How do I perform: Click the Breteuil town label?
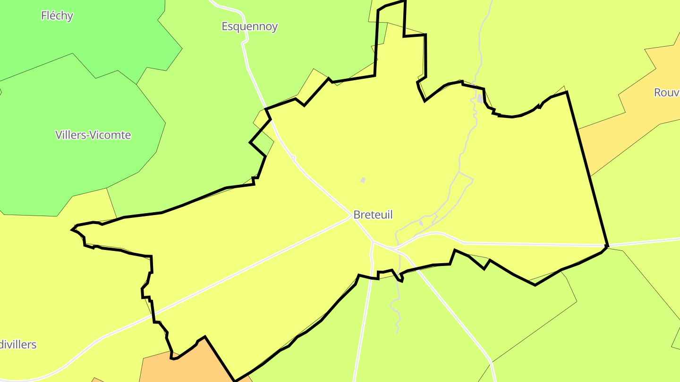(x=373, y=215)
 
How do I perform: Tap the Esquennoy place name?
(x=249, y=26)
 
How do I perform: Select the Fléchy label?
(x=57, y=16)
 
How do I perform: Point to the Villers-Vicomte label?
(x=93, y=135)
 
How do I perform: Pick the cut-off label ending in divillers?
(x=18, y=345)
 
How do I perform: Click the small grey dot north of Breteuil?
(x=363, y=180)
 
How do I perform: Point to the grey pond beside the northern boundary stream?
(x=480, y=99)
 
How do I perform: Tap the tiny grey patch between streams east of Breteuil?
(x=421, y=223)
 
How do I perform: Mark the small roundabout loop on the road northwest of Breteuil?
(x=293, y=157)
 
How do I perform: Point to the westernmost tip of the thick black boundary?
(x=72, y=230)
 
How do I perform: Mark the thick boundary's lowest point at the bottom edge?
(x=235, y=380)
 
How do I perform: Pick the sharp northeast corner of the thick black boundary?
(x=566, y=92)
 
